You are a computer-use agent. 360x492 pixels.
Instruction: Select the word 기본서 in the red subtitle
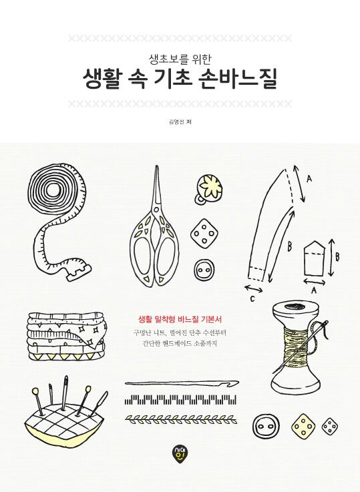pyautogui.click(x=212, y=320)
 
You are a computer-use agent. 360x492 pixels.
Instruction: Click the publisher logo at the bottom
pyautogui.click(x=179, y=452)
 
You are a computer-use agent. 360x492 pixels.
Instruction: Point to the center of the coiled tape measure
pyautogui.click(x=57, y=190)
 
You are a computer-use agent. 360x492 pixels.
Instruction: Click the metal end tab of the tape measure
pyautogui.click(x=79, y=272)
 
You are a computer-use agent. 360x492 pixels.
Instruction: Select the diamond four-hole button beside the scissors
pyautogui.click(x=204, y=232)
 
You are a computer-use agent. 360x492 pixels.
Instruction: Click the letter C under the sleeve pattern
pyautogui.click(x=252, y=299)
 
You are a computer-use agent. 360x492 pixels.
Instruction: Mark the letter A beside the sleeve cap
pyautogui.click(x=309, y=179)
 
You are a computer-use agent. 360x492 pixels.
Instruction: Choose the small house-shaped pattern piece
pyautogui.click(x=314, y=258)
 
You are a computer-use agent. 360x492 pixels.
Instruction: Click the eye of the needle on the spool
pyautogui.click(x=325, y=324)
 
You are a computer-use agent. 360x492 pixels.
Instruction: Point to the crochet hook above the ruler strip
pyautogui.click(x=182, y=383)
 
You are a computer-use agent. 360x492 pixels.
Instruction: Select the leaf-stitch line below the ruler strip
pyautogui.click(x=181, y=418)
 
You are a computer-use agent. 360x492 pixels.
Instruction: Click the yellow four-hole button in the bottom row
pyautogui.click(x=303, y=427)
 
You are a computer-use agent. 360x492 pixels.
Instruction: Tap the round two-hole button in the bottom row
pyautogui.click(x=266, y=427)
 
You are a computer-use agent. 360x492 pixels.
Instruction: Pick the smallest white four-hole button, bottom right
pyautogui.click(x=330, y=426)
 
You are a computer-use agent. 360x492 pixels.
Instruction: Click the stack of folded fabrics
pyautogui.click(x=67, y=336)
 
